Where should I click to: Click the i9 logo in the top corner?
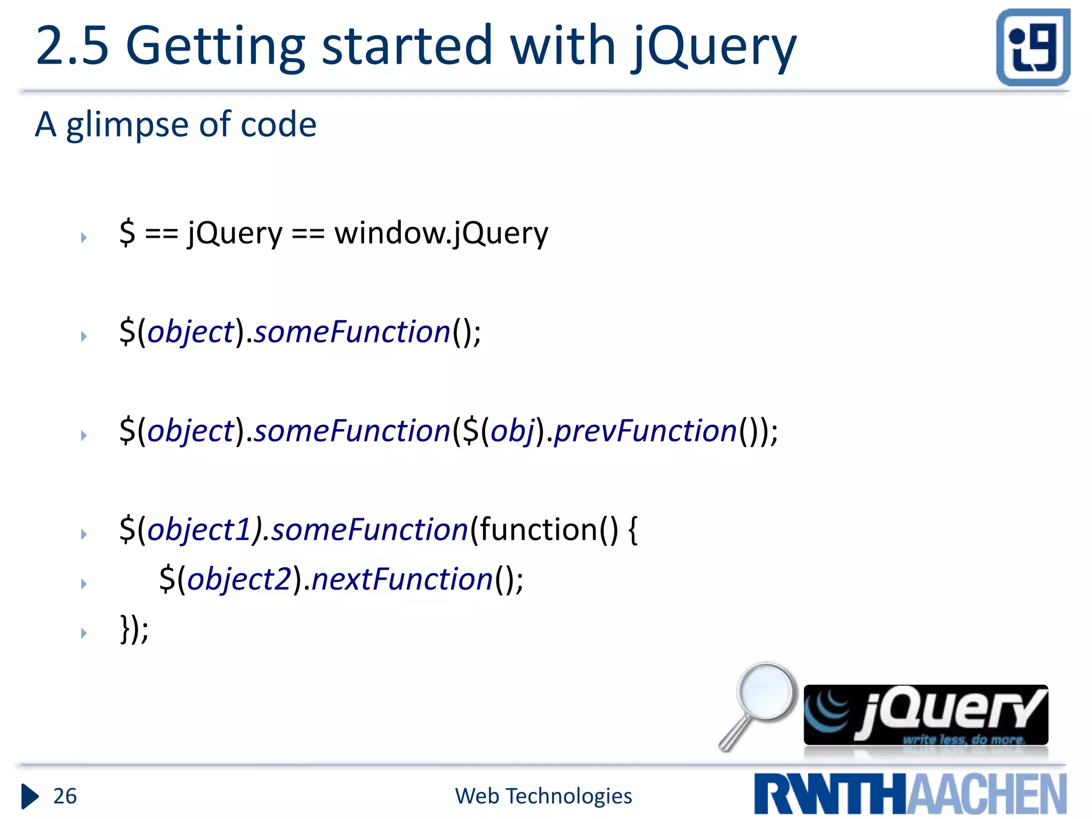coord(1033,47)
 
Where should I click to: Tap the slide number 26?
coord(65,796)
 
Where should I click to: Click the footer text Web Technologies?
coord(543,796)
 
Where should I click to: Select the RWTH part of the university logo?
coord(829,794)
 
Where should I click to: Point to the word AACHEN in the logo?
coord(986,794)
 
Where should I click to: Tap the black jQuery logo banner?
coord(926,714)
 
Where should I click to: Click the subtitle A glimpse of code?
coord(176,124)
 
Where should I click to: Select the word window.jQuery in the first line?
coord(441,233)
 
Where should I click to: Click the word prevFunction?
coord(645,431)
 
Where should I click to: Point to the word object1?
coord(199,530)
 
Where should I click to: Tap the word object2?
coord(239,580)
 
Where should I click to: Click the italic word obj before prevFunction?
coord(512,431)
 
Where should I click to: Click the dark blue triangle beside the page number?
coord(30,797)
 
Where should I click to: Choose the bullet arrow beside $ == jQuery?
coord(84,237)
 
